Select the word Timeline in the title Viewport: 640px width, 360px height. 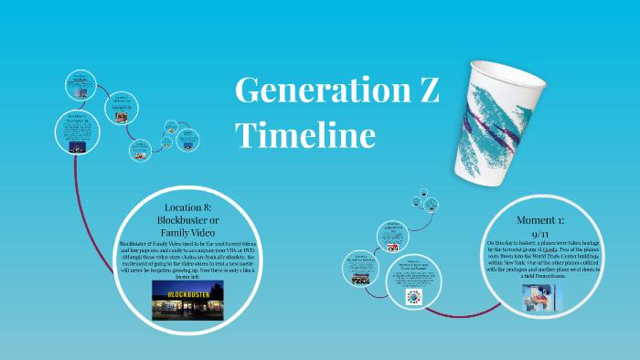coord(305,135)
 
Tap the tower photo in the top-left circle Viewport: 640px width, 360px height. coord(80,93)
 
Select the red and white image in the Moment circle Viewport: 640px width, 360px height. coord(392,247)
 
